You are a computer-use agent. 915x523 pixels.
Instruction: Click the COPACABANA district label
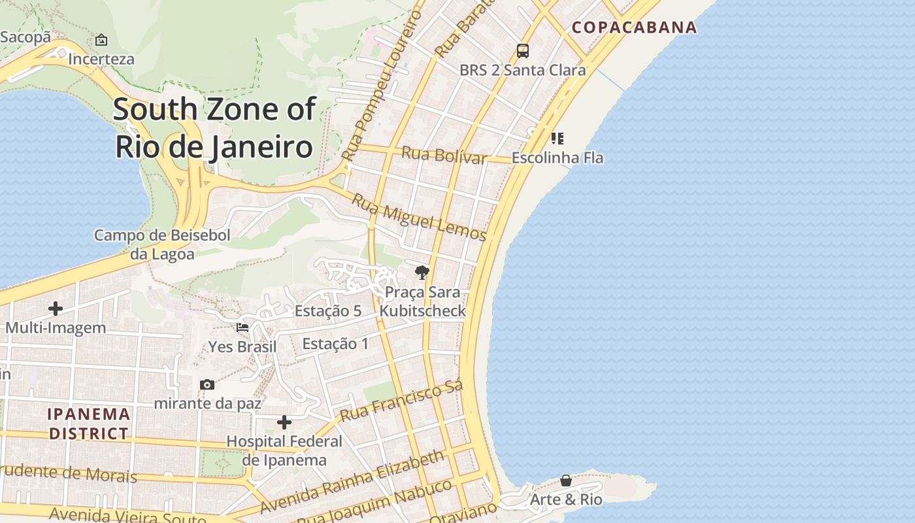(x=634, y=27)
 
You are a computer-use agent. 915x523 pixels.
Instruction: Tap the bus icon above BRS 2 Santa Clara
(x=522, y=50)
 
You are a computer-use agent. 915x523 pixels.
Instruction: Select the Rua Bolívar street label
(x=444, y=156)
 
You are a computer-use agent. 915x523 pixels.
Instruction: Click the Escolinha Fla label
(x=557, y=158)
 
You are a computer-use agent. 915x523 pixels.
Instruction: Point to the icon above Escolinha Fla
(x=557, y=138)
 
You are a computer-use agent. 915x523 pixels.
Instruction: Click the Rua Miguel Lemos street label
(x=419, y=217)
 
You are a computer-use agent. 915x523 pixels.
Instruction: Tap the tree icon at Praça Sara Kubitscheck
(x=422, y=272)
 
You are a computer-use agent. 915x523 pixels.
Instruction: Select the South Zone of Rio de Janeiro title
(x=214, y=127)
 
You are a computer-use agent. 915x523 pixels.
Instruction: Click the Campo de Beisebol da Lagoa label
(x=162, y=245)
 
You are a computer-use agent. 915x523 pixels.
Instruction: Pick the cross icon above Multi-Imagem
(x=56, y=308)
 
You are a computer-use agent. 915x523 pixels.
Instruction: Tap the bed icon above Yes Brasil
(x=242, y=327)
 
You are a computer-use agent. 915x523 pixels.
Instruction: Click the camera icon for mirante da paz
(x=207, y=384)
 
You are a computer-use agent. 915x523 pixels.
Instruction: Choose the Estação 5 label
(x=327, y=311)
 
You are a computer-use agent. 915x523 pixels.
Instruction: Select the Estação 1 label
(x=335, y=344)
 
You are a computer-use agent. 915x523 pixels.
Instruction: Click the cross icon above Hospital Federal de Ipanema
(x=284, y=422)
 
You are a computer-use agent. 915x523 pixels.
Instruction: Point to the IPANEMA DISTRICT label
(x=90, y=424)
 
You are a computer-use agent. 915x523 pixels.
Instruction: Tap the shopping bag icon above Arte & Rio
(x=566, y=481)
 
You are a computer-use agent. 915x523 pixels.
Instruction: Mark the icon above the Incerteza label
(x=101, y=40)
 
